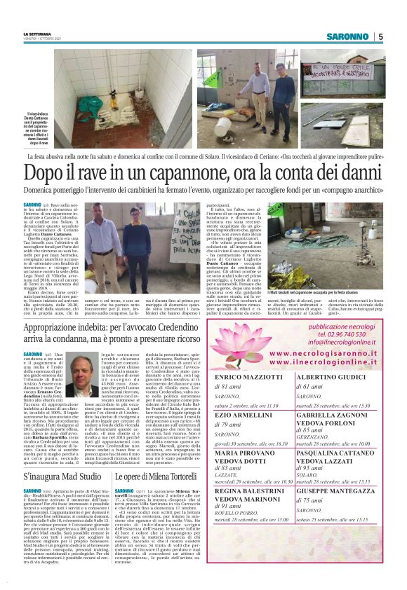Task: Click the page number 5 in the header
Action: pos(380,36)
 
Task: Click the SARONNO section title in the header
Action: pos(347,36)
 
